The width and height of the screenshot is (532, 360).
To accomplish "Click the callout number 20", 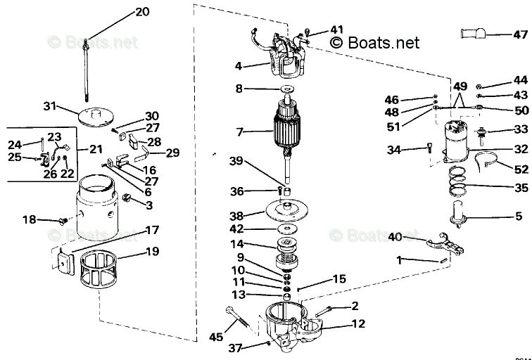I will pos(142,12).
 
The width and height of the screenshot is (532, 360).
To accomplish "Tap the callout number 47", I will pos(519,34).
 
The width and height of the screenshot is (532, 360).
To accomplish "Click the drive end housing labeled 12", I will pos(292,328).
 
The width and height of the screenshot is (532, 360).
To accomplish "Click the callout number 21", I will pos(96,149).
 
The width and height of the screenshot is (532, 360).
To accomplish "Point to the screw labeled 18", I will pos(63,221).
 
